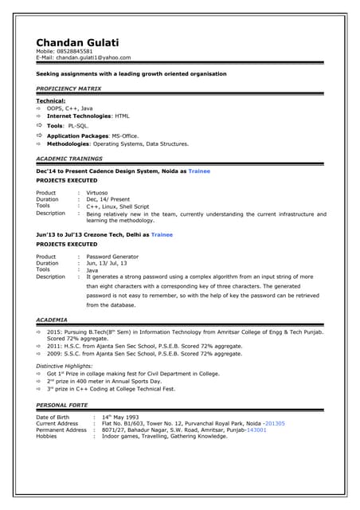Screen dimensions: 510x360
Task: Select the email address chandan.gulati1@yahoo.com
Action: pos(95,57)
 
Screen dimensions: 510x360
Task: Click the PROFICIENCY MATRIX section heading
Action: pos(68,88)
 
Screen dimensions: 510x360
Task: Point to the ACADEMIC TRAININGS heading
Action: pos(68,158)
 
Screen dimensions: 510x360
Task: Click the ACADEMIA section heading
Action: pos(52,320)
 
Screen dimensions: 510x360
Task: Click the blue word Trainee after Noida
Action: pos(199,171)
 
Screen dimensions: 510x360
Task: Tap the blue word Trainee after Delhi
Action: pos(162,235)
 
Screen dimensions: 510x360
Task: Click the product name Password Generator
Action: pos(112,257)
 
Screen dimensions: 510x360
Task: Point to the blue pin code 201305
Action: pos(276,423)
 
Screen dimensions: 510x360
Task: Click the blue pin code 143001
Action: pos(256,430)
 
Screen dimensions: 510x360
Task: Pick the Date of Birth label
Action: pos(57,417)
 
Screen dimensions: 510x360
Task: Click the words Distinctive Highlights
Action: pos(68,366)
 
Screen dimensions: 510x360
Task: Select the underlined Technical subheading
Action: pos(51,101)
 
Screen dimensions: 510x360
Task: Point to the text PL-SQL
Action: pos(78,126)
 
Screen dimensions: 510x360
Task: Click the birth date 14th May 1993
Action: pos(120,417)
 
